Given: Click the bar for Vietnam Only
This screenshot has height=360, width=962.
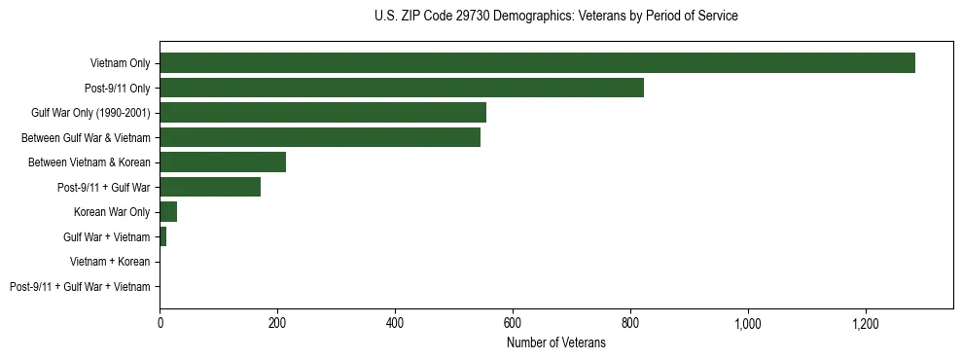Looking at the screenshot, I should point(537,63).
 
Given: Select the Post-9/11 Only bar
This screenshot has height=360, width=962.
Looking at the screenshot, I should point(402,89).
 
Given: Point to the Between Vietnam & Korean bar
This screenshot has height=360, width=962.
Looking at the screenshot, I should point(223,162).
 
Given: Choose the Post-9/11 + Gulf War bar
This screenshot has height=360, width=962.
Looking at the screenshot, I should point(210,187).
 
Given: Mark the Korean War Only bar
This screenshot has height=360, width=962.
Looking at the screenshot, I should point(168,212).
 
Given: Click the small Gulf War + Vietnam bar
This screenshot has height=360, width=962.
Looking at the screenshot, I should point(163,236).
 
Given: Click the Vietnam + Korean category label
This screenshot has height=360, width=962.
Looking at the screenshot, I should point(110,262).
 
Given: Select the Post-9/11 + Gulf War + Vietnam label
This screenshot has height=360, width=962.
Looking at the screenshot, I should point(80,286).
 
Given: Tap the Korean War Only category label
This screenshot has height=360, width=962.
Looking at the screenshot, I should point(112,212).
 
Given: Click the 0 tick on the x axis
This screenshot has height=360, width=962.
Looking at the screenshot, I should point(160,323).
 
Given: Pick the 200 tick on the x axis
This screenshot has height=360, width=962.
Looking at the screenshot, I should point(277,323).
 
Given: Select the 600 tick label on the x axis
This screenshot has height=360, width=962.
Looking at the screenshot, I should point(513,323).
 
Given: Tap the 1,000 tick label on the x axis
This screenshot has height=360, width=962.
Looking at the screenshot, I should point(748,323).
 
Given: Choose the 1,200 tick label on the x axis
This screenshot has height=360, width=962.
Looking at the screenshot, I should point(866,323).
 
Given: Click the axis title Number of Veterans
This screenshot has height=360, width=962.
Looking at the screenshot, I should point(556,342).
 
